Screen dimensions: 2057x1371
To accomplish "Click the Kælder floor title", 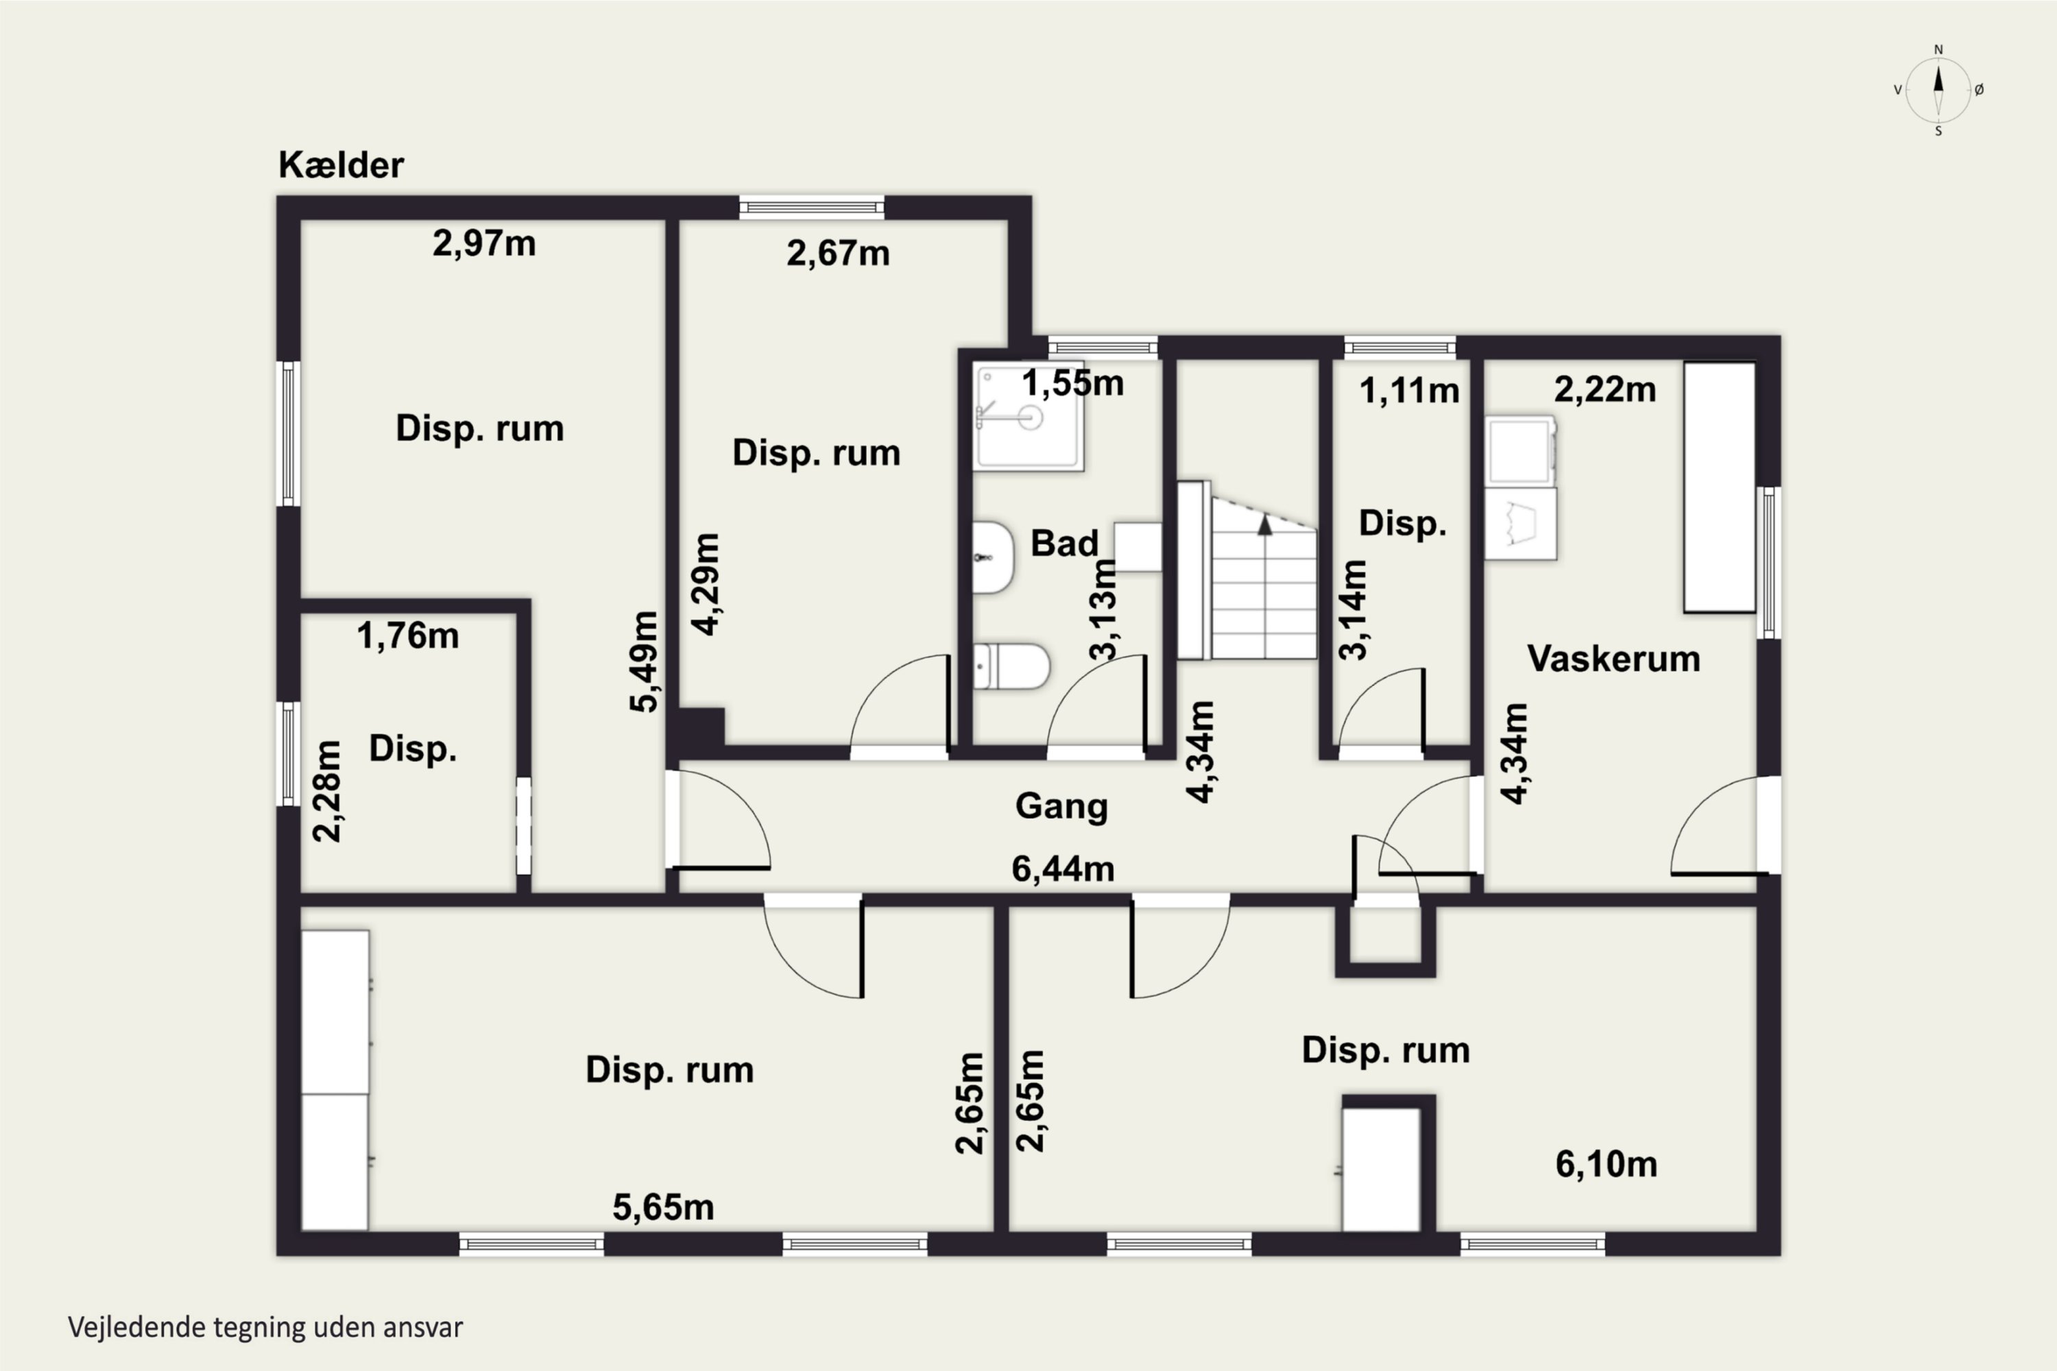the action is tap(341, 165).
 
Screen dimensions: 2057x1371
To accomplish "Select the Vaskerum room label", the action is tap(1613, 658).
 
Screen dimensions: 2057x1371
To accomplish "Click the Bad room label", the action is tap(1064, 543).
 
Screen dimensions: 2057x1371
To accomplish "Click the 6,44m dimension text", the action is tap(1063, 869).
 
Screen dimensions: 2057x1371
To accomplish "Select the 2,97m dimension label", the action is tap(483, 244).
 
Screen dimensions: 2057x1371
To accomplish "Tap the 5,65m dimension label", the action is tap(663, 1207).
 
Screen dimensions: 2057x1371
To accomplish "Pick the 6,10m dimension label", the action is tap(1606, 1165).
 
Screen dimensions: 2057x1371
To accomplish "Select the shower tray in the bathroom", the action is tap(1029, 417).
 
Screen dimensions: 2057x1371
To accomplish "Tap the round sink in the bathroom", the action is tap(994, 557).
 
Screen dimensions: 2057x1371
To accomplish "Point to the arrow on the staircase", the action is tap(1264, 524).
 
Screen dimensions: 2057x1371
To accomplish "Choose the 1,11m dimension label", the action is tap(1409, 391).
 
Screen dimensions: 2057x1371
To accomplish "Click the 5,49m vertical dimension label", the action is tap(644, 662).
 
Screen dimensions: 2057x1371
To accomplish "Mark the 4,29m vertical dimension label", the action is tap(705, 584).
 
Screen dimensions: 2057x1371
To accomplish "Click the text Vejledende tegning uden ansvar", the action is tap(265, 1327).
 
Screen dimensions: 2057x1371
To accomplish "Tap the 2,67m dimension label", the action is tap(838, 254).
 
